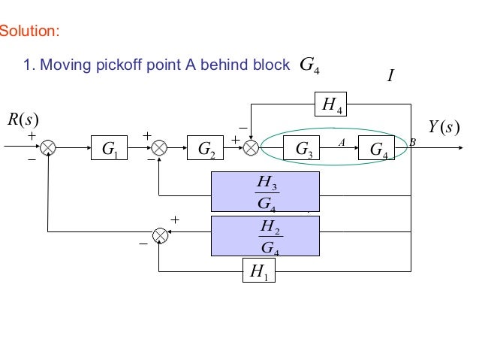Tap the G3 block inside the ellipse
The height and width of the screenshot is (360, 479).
pyautogui.click(x=306, y=149)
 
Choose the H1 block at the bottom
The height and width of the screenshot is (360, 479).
pyautogui.click(x=260, y=271)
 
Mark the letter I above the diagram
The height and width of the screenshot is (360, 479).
pyautogui.click(x=390, y=77)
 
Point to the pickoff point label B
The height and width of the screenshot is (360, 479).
pyautogui.click(x=411, y=141)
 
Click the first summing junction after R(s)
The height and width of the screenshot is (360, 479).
pyautogui.click(x=49, y=149)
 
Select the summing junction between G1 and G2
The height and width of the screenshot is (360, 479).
pyautogui.click(x=159, y=149)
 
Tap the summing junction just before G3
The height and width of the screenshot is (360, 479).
pyautogui.click(x=252, y=149)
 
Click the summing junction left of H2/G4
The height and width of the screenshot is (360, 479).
pyautogui.click(x=159, y=235)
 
